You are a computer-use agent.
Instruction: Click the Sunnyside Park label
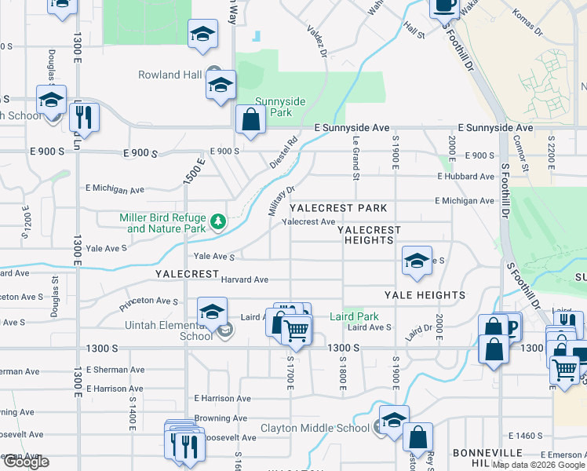pos(273,107)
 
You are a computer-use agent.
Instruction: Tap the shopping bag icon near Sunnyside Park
pos(250,121)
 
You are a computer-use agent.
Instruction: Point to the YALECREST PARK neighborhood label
pos(338,208)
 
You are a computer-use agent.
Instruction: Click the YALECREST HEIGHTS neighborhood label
pos(369,235)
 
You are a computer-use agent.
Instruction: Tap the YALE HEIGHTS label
pos(425,295)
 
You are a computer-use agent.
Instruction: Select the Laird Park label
pos(355,316)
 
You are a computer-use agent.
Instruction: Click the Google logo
pos(25,462)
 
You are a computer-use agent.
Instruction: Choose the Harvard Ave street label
pos(244,279)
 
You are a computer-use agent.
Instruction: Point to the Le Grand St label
pos(356,158)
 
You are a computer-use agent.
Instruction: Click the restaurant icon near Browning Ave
pos(188,445)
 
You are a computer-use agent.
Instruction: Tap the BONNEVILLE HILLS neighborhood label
pos(487,458)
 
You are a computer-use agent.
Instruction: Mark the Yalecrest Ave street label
pos(308,222)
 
